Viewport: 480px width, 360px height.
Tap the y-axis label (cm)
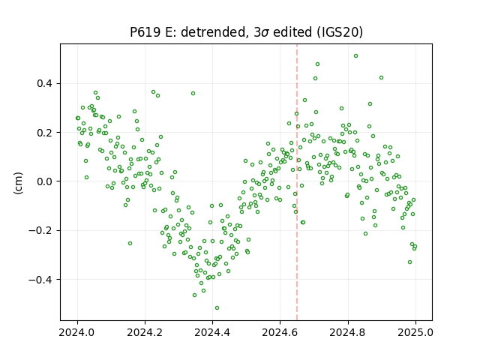click(x=18, y=183)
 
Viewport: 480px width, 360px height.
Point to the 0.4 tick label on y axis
click(x=44, y=83)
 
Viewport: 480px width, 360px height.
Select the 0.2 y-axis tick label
click(x=44, y=133)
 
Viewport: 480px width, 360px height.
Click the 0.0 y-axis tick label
click(x=44, y=181)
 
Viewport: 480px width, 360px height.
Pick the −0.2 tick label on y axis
click(x=40, y=230)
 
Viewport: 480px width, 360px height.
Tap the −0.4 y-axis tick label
click(x=40, y=280)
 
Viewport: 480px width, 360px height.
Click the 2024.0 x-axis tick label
click(x=77, y=332)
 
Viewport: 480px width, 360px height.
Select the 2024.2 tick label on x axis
click(x=145, y=332)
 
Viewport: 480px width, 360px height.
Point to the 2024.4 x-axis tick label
click(x=212, y=332)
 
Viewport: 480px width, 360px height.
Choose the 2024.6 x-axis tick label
click(x=280, y=332)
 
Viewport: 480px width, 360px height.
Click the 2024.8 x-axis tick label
click(x=348, y=332)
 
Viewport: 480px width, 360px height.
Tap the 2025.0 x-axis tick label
click(x=415, y=332)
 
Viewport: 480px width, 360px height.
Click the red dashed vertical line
click(x=297, y=182)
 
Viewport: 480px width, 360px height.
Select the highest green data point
click(x=355, y=56)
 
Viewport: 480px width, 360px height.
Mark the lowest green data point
click(x=217, y=308)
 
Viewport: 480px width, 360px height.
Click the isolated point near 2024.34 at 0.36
click(x=193, y=93)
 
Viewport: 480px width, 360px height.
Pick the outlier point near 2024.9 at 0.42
click(x=381, y=78)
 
